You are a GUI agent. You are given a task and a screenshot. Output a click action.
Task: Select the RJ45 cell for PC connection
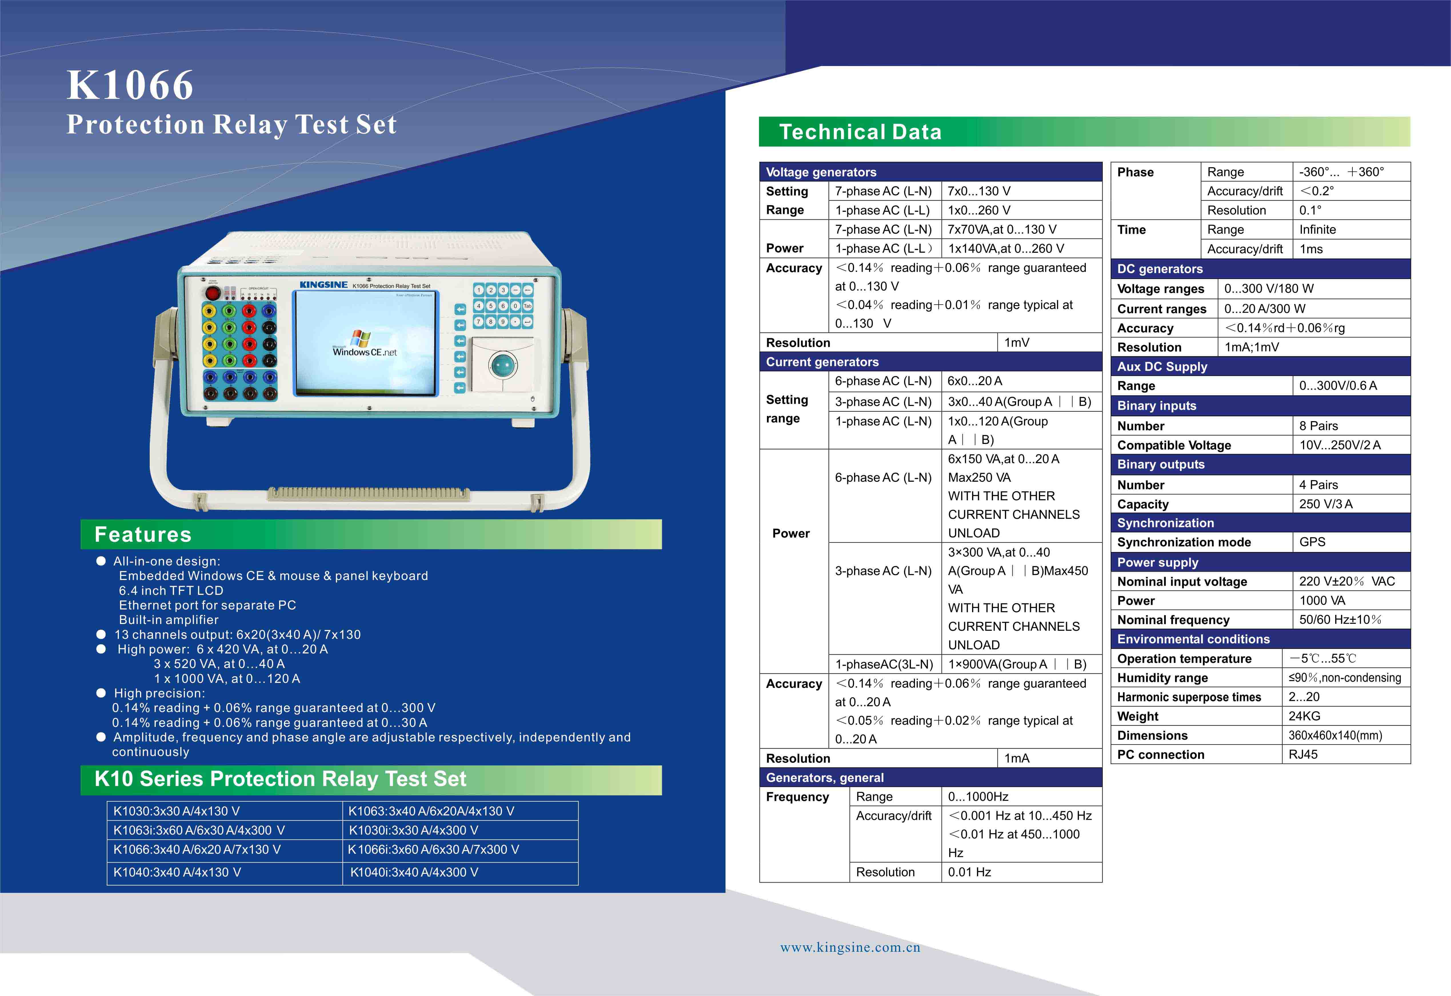[x=1303, y=754]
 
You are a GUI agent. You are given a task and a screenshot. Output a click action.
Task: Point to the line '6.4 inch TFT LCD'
[x=171, y=590]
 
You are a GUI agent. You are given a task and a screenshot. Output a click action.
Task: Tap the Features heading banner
[x=371, y=535]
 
